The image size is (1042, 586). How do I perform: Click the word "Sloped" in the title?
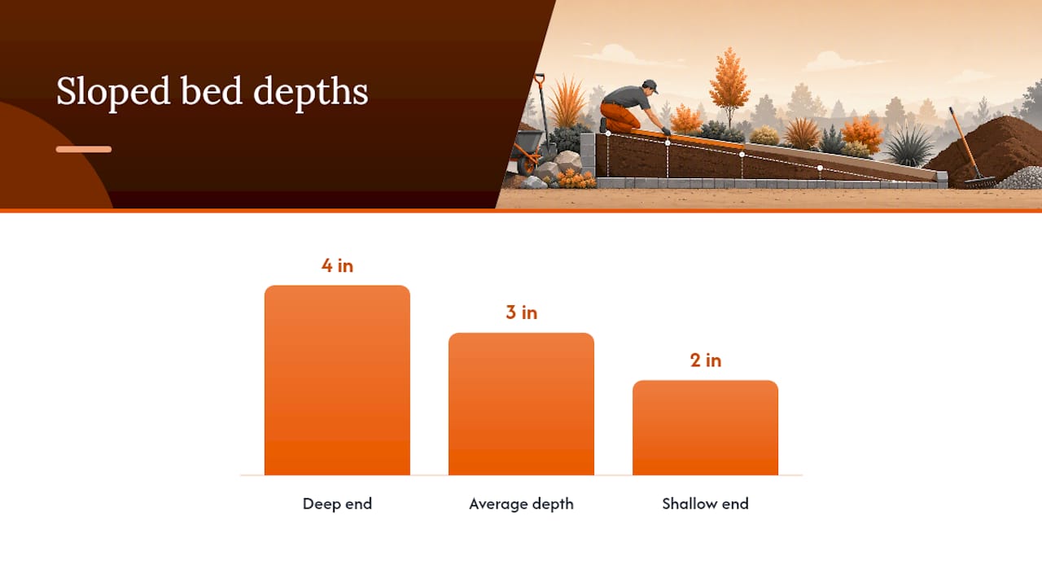tap(113, 92)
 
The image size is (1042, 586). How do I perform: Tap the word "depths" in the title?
tap(311, 92)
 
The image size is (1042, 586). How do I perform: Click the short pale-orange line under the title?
tap(84, 149)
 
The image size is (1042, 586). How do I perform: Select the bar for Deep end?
tap(337, 380)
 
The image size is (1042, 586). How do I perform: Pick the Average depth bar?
tap(521, 404)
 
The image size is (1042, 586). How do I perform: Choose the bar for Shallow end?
tap(705, 428)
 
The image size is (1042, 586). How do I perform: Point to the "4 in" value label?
tap(337, 265)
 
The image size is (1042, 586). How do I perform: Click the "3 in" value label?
tap(522, 313)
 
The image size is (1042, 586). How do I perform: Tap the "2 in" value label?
tap(706, 361)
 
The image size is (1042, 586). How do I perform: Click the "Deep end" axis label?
tap(337, 504)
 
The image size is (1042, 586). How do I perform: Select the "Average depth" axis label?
tap(521, 504)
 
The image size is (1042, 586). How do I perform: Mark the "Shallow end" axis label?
tap(705, 504)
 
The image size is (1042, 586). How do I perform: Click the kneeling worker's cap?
tap(650, 85)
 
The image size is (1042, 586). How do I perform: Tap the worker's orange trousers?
tap(620, 116)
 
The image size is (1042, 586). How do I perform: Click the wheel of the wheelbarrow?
tap(527, 164)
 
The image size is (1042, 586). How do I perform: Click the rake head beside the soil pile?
tap(979, 182)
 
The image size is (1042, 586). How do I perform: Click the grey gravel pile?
tap(1021, 179)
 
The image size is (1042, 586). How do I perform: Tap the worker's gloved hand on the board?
tap(666, 132)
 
